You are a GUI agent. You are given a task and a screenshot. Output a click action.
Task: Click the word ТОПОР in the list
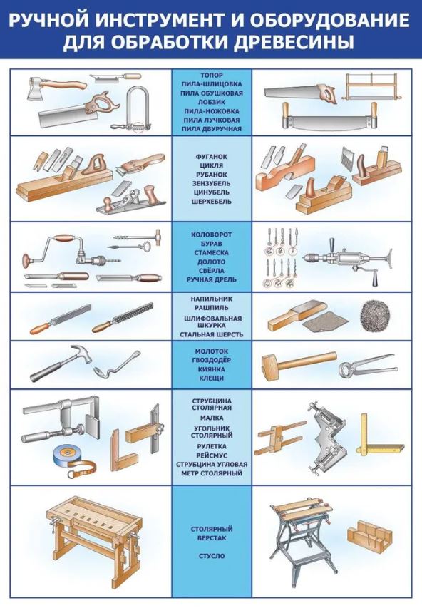[212, 75]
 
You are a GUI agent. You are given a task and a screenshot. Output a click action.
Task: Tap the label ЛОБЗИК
[212, 102]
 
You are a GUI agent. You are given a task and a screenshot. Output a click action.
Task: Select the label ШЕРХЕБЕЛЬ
[212, 201]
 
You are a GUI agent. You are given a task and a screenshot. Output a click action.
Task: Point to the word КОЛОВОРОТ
[212, 235]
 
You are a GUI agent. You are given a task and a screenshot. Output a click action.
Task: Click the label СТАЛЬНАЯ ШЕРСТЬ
[212, 334]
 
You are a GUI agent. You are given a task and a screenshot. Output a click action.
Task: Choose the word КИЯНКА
[212, 369]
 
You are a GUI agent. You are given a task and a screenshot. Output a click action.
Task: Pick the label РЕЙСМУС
[212, 455]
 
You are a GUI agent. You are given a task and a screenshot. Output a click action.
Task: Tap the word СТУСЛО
[212, 556]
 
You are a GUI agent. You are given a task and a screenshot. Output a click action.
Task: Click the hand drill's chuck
[313, 257]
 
